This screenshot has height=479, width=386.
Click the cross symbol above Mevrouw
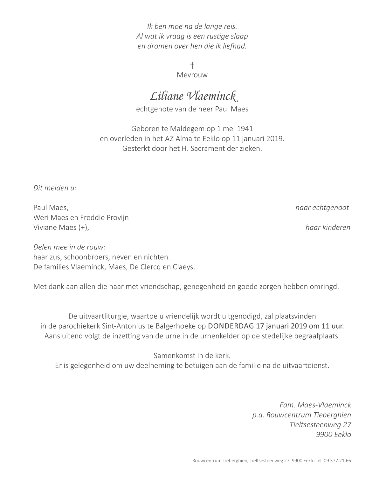(x=192, y=66)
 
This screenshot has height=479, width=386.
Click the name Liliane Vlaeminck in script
(x=193, y=96)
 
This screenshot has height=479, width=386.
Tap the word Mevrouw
(x=192, y=75)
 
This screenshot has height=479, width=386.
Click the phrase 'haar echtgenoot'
(x=322, y=208)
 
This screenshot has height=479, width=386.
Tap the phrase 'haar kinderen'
(x=327, y=227)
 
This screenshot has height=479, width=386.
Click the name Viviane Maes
(x=55, y=228)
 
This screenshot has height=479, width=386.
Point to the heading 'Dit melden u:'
(x=55, y=188)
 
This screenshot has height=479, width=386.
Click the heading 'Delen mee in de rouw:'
(x=69, y=247)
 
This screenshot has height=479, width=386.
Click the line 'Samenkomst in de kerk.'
(x=192, y=356)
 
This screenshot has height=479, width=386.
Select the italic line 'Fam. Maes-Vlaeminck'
(x=315, y=405)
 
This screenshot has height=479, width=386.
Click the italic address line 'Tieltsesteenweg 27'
(x=320, y=425)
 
